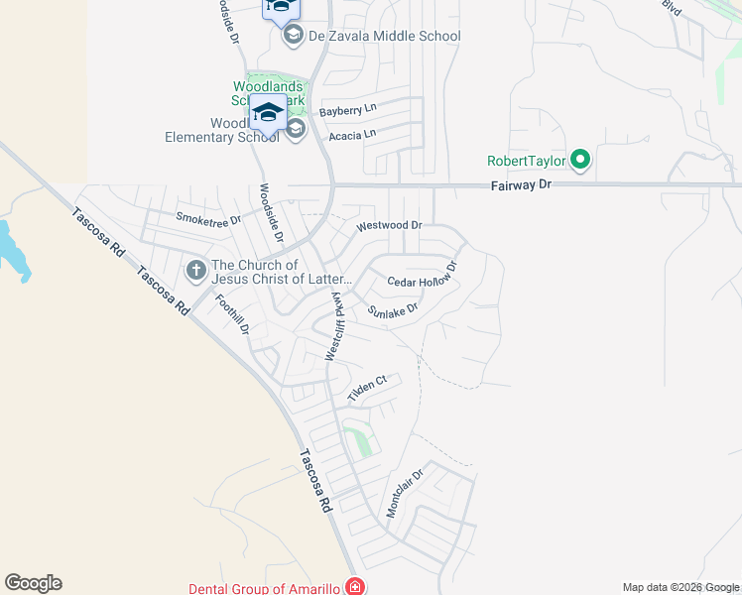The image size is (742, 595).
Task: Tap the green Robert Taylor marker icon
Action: pyautogui.click(x=581, y=159)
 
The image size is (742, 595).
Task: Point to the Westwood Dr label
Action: pyautogui.click(x=389, y=226)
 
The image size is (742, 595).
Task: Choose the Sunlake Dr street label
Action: pyautogui.click(x=393, y=310)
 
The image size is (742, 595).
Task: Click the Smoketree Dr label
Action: pyautogui.click(x=208, y=218)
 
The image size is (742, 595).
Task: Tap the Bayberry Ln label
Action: pyautogui.click(x=348, y=111)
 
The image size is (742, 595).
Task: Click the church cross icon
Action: pyautogui.click(x=196, y=269)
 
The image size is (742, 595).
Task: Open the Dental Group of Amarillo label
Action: pyautogui.click(x=265, y=588)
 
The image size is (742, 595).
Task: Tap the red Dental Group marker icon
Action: pyautogui.click(x=354, y=587)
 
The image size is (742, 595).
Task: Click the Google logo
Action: pyautogui.click(x=33, y=583)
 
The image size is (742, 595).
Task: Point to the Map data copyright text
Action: pyautogui.click(x=680, y=587)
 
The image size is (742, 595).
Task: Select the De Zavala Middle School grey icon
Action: pyautogui.click(x=294, y=37)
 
